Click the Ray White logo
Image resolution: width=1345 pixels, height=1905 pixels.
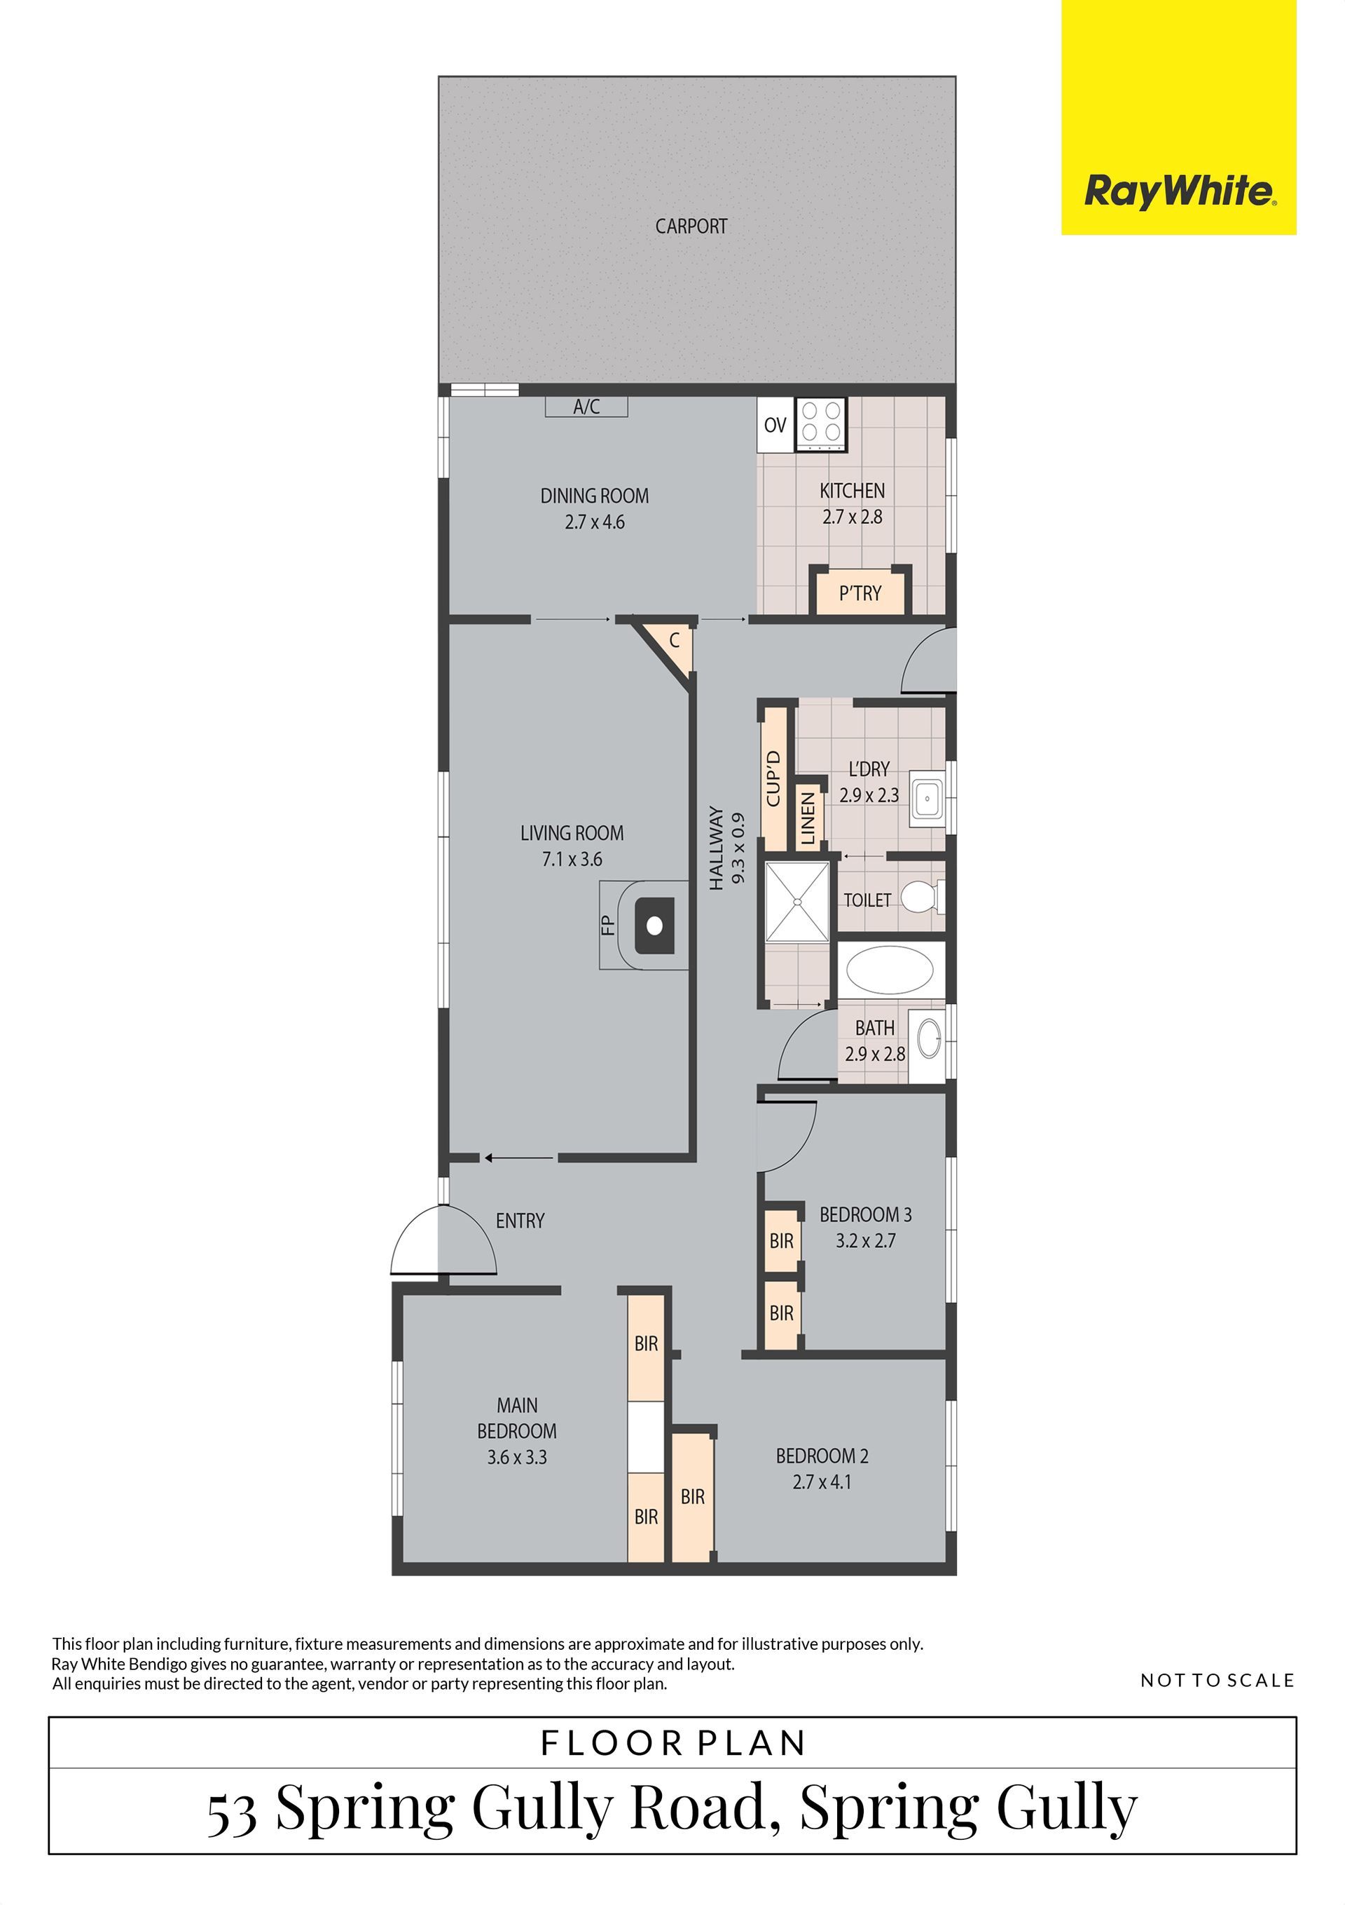coord(1178,117)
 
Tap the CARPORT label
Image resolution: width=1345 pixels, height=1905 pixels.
coord(691,226)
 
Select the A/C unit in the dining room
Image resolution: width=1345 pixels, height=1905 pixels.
coord(586,407)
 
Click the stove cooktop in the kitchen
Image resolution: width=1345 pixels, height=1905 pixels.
coord(821,426)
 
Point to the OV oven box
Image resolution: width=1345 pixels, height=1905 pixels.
coord(775,426)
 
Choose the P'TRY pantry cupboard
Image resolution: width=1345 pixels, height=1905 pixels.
coord(860,593)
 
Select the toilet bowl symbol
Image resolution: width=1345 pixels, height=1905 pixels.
coord(920,897)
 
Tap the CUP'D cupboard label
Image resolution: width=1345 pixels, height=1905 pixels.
coord(773,778)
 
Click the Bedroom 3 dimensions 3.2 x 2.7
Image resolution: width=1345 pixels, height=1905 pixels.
coord(866,1240)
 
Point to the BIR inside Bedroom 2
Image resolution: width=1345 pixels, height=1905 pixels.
coord(692,1497)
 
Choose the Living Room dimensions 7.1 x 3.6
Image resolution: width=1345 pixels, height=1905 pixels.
coord(572,859)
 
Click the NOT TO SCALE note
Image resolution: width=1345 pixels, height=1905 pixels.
coord(1218,1680)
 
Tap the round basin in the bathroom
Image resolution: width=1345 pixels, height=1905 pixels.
coord(930,1038)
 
